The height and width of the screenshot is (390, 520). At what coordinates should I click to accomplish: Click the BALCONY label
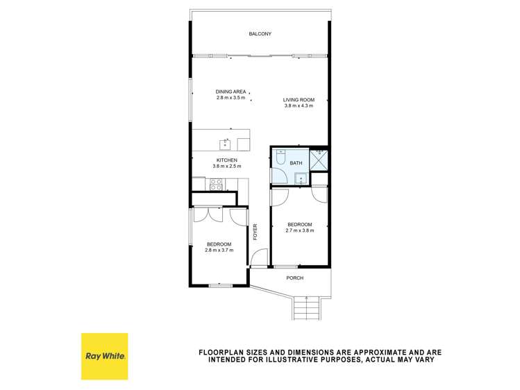260,34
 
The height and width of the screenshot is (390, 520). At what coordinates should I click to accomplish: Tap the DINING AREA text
230,92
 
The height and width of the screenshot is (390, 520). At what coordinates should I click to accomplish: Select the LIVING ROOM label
299,100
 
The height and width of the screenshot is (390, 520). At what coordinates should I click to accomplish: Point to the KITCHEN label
227,160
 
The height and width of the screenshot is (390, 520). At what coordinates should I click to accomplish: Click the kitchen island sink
225,144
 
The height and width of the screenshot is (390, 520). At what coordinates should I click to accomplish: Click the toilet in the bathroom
279,157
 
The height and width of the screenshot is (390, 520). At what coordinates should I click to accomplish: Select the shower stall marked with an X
320,160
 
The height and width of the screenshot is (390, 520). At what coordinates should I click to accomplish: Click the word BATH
296,163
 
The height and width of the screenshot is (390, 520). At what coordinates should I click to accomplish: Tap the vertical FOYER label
255,232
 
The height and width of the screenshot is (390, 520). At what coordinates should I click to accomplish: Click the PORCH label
295,278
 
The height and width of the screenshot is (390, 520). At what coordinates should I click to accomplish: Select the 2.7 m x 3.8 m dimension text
300,230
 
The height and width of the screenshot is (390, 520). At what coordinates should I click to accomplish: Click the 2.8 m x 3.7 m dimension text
219,250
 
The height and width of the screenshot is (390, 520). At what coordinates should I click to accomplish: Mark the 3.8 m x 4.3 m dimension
299,105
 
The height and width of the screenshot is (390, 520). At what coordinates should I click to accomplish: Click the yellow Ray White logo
104,356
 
